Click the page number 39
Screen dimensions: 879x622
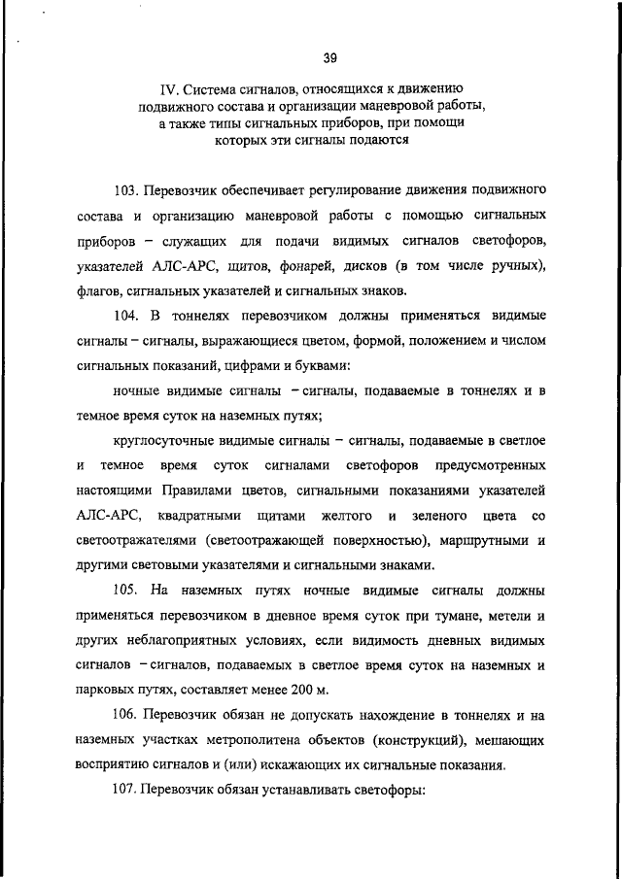coord(328,57)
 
